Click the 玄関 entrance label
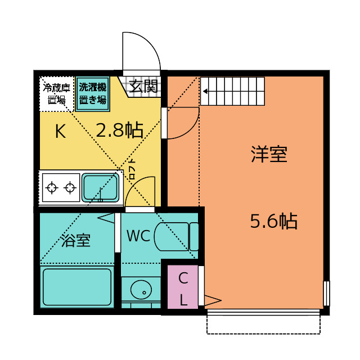coord(143,86)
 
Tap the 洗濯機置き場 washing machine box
coord(92,94)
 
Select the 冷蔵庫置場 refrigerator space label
coord(56,94)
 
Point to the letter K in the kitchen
coord(61,131)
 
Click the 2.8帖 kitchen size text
coord(119,130)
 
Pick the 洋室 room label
coord(269,154)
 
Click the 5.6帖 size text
coord(274,221)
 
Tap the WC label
coord(138,236)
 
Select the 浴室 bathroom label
coord(76,240)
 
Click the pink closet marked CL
coord(183,287)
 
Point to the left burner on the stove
coord(52,188)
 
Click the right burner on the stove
coord(70,188)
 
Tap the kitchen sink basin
coord(100,187)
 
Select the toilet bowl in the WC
coord(172,236)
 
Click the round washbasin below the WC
coord(141,290)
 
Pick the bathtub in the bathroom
coord(77,287)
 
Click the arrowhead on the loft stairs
coord(205,91)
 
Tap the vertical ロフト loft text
coord(133,169)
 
